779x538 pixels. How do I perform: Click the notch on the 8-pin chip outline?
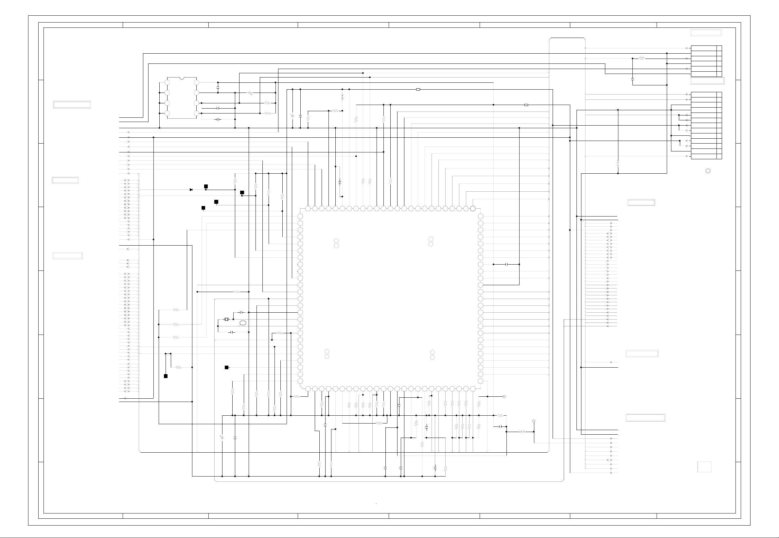tap(182, 78)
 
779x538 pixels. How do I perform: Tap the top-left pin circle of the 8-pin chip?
tap(167, 82)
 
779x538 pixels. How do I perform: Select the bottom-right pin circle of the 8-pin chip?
tap(196, 113)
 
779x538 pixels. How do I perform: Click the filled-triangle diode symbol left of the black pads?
tap(191, 190)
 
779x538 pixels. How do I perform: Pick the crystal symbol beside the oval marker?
tap(227, 319)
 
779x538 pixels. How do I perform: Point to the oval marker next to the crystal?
tap(242, 323)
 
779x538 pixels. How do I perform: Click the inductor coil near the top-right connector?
tap(642, 58)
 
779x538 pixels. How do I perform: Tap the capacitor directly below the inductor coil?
tap(632, 79)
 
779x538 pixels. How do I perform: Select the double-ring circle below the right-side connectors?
tap(708, 171)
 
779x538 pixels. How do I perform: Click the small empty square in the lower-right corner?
tap(704, 467)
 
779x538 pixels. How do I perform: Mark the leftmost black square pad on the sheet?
tap(166, 376)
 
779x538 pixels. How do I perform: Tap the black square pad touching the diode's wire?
tap(206, 186)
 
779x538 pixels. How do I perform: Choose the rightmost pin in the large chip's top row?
tap(473, 209)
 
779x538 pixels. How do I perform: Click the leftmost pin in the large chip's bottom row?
tap(308, 389)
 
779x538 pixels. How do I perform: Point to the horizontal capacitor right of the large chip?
tap(506, 265)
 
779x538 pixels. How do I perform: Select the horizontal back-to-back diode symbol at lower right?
tap(522, 432)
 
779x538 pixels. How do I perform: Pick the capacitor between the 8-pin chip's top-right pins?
tap(218, 88)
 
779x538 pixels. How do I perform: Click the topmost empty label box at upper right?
tap(706, 33)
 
